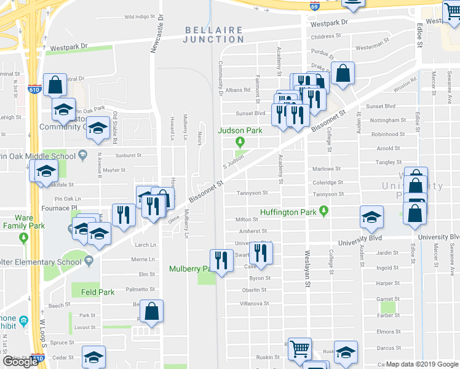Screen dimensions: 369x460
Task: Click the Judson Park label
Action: tap(241, 130)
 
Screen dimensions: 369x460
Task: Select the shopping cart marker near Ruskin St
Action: tap(299, 349)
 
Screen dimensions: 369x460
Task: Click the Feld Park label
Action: tap(98, 293)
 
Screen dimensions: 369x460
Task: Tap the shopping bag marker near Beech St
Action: tap(151, 312)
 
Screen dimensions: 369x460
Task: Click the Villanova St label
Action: tap(255, 304)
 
